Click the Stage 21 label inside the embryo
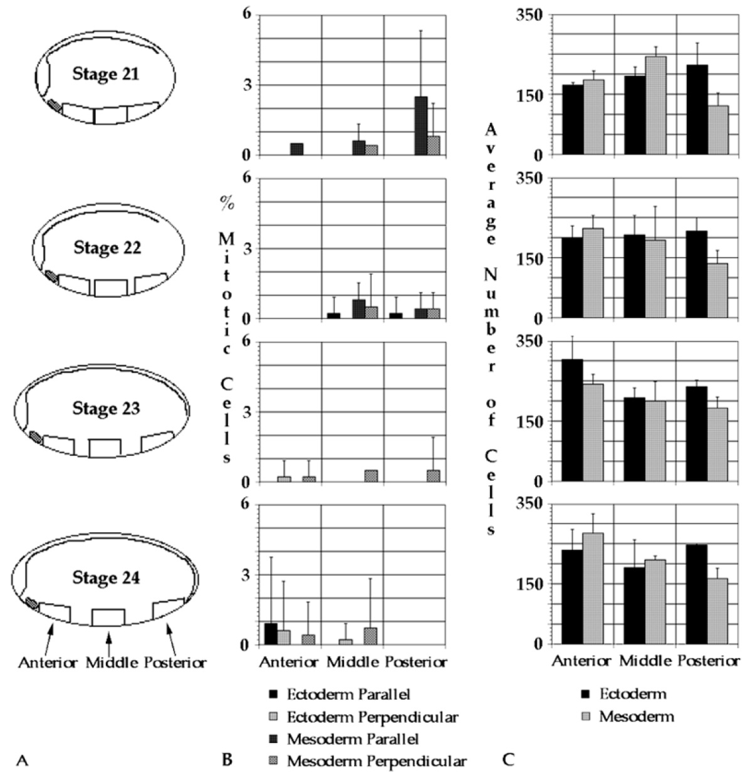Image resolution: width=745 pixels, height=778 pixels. tap(105, 74)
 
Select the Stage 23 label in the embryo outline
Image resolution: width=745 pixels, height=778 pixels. tap(106, 409)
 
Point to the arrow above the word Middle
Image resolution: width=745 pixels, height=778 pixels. tap(109, 643)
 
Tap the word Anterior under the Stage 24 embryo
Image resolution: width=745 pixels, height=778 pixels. tap(48, 663)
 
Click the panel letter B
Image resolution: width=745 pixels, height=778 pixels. tap(227, 760)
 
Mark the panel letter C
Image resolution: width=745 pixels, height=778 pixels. tap(508, 760)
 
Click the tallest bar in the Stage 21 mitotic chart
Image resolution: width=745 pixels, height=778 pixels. tap(420, 125)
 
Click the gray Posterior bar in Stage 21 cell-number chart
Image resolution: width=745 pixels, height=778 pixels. tap(717, 130)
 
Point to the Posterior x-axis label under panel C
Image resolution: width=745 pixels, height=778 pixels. tap(708, 661)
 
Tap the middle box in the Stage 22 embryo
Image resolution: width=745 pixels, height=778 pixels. tap(110, 287)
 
